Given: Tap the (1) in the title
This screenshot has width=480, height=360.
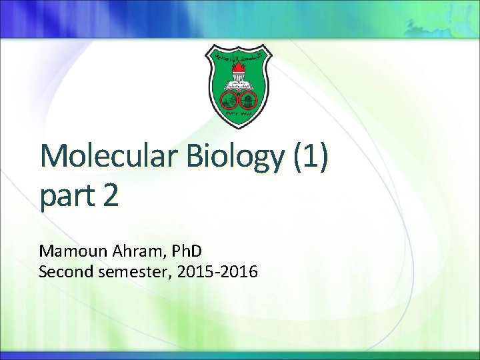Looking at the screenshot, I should [x=310, y=157].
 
